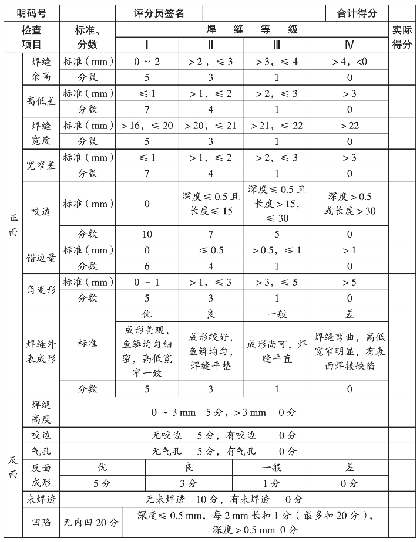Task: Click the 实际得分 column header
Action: click(402, 36)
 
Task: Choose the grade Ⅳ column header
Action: click(350, 45)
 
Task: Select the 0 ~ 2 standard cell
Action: click(146, 61)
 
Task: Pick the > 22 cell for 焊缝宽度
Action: click(350, 126)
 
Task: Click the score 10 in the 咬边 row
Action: click(146, 234)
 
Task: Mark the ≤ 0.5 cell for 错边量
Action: click(211, 250)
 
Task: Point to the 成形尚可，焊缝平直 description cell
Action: click(277, 351)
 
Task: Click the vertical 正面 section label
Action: click(13, 225)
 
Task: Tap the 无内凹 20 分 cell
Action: click(90, 522)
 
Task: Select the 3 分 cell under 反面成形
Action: click(189, 484)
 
